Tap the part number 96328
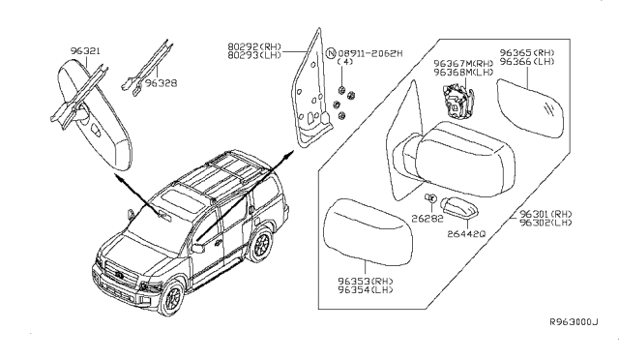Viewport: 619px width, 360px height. (160, 83)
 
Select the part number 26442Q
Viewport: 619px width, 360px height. (467, 233)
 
